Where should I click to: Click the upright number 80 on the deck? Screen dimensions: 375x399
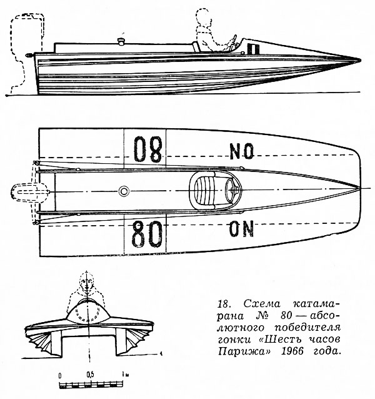pyautogui.click(x=147, y=234)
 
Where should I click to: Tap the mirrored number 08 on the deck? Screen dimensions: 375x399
pyautogui.click(x=148, y=149)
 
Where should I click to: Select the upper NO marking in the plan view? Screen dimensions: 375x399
pyautogui.click(x=241, y=151)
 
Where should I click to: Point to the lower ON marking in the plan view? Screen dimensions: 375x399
pyautogui.click(x=241, y=229)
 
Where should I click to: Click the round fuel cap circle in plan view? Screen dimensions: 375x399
pyautogui.click(x=124, y=191)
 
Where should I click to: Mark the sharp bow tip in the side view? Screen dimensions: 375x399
pyautogui.click(x=360, y=61)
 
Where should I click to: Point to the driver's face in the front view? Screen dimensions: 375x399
pyautogui.click(x=87, y=283)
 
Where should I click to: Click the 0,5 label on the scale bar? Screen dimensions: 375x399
pyautogui.click(x=90, y=375)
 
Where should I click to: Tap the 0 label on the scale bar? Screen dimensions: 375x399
pyautogui.click(x=60, y=376)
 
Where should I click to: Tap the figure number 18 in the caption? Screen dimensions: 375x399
pyautogui.click(x=224, y=304)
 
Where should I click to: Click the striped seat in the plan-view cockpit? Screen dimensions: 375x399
pyautogui.click(x=204, y=191)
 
